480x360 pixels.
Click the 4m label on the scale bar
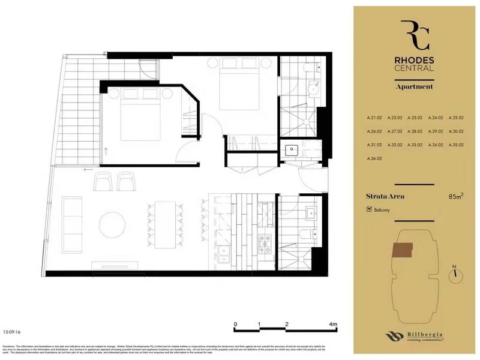click(x=334, y=324)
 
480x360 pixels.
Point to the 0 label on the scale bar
click(x=235, y=324)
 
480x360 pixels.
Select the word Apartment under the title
click(x=413, y=86)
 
